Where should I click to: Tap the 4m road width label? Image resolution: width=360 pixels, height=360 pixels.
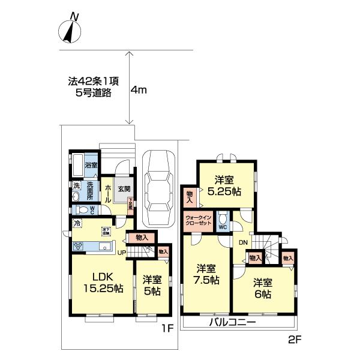(139, 90)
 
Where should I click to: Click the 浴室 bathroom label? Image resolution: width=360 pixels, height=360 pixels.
(91, 164)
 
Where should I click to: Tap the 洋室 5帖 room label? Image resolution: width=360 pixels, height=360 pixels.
(152, 285)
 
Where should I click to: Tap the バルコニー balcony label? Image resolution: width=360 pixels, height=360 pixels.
(233, 323)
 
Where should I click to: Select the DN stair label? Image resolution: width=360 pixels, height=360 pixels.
(243, 242)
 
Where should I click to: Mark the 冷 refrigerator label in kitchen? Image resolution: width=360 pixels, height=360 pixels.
(77, 223)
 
